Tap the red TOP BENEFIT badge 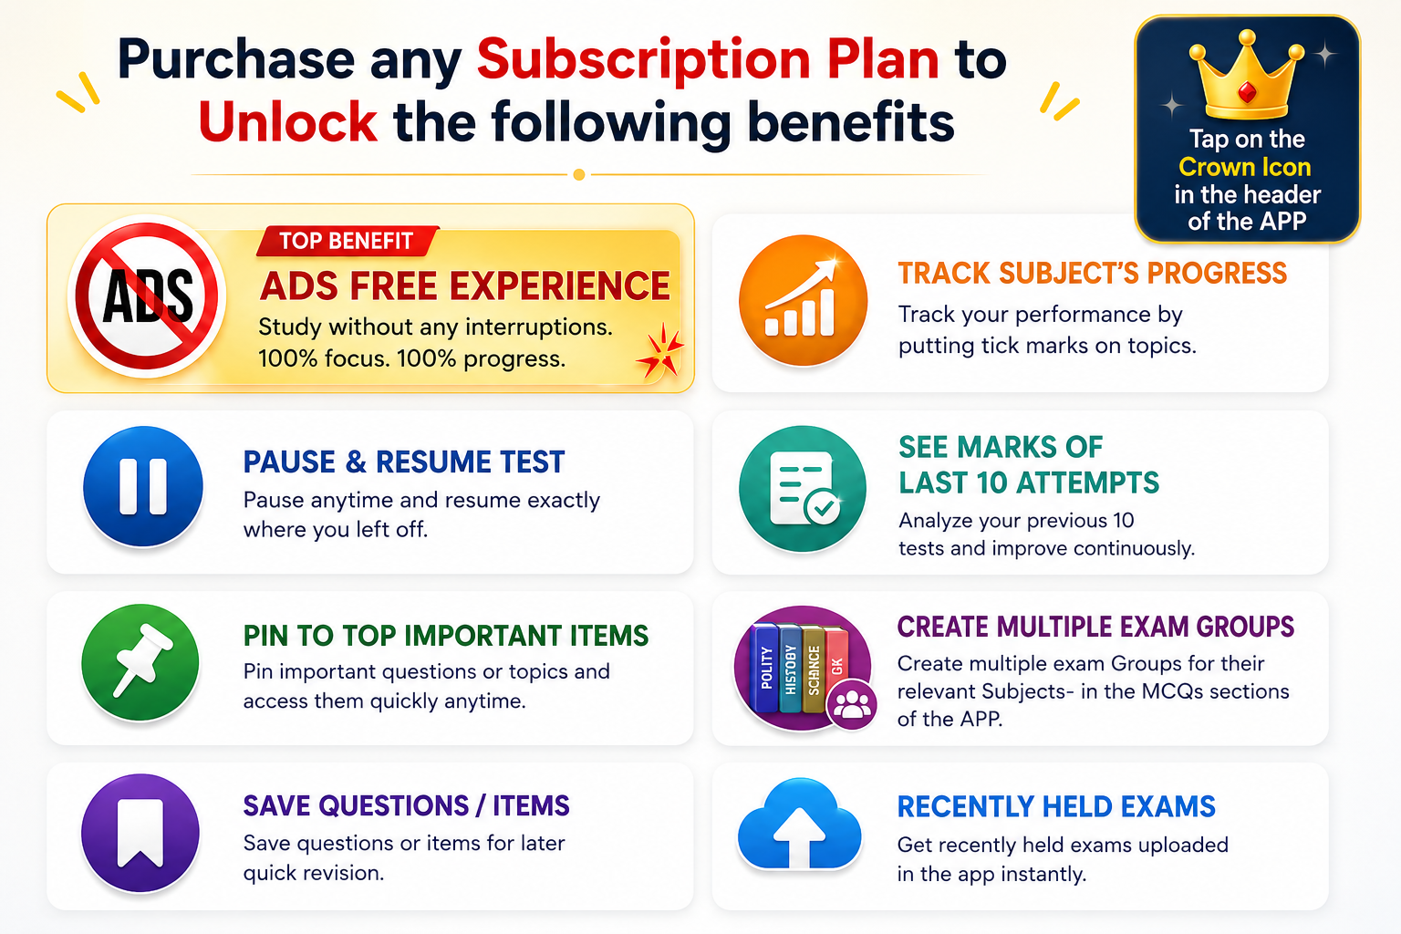(x=348, y=241)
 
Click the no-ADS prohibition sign (x=147, y=296)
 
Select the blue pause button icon (x=143, y=487)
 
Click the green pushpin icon (x=140, y=662)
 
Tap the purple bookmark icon (x=140, y=833)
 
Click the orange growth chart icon (x=803, y=300)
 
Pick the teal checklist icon (x=803, y=489)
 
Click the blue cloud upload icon (x=800, y=824)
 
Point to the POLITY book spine (x=766, y=669)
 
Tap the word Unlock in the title (x=288, y=122)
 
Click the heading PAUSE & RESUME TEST (x=404, y=462)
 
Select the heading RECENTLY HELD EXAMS (x=1056, y=807)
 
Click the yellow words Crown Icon (x=1245, y=167)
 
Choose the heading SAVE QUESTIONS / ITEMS (x=407, y=805)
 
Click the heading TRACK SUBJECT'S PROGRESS (x=1093, y=274)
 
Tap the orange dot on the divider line (x=579, y=174)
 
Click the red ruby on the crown (x=1247, y=93)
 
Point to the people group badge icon (x=852, y=705)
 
